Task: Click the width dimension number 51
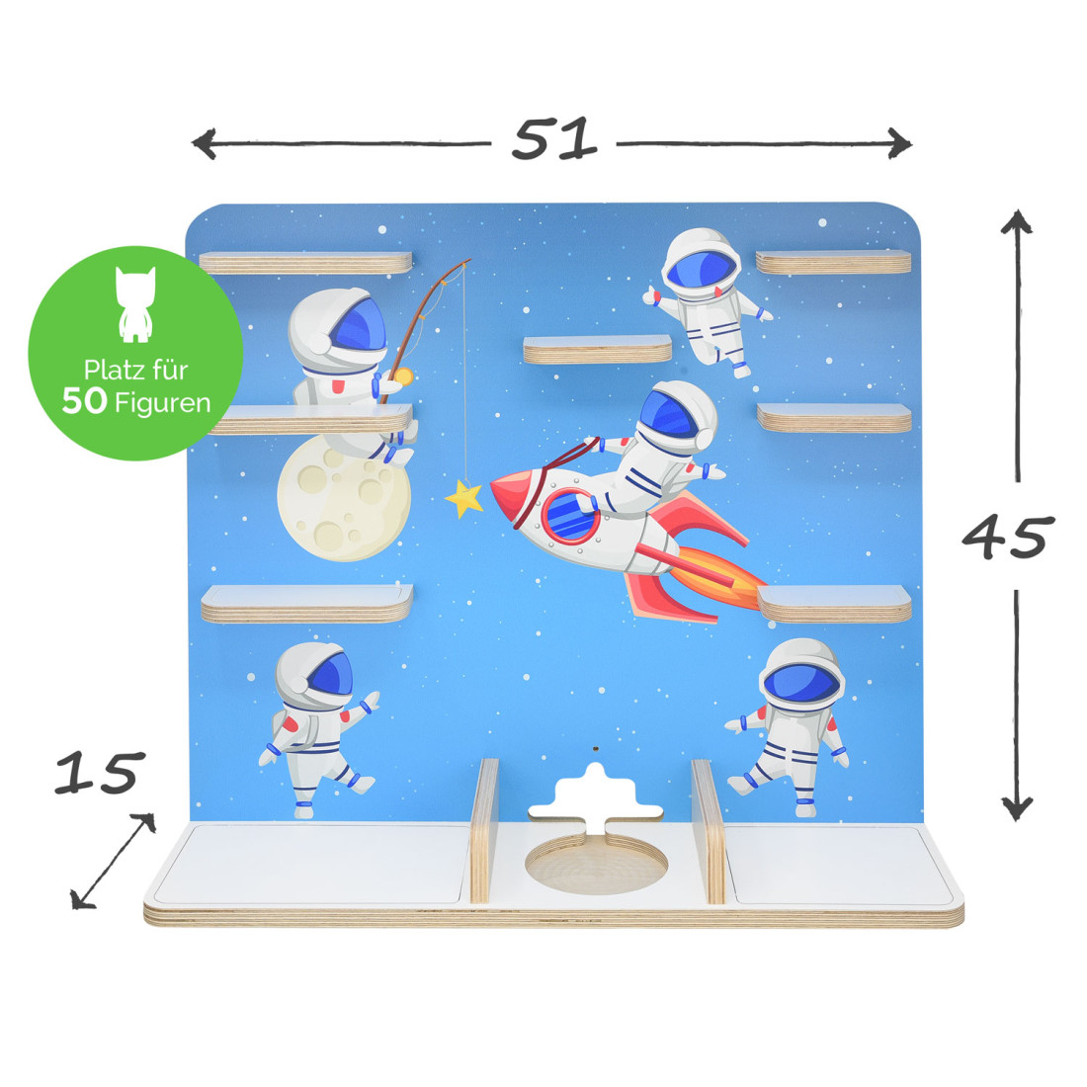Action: pyautogui.click(x=554, y=138)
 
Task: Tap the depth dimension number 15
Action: pyautogui.click(x=100, y=773)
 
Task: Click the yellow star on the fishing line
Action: pyautogui.click(x=463, y=498)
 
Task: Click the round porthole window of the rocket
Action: pyautogui.click(x=569, y=516)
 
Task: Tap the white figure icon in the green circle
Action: pyautogui.click(x=135, y=304)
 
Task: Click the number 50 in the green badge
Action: pyautogui.click(x=85, y=401)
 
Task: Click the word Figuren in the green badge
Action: pyautogui.click(x=163, y=403)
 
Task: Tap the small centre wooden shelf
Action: pyautogui.click(x=597, y=350)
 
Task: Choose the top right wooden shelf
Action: pyautogui.click(x=833, y=262)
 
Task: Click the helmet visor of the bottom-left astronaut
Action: pyautogui.click(x=330, y=674)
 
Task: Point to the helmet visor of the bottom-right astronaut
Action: pyautogui.click(x=801, y=682)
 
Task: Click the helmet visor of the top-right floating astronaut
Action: pyautogui.click(x=702, y=270)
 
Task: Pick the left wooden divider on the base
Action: pyautogui.click(x=484, y=830)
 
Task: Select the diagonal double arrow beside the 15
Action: pyautogui.click(x=113, y=861)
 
